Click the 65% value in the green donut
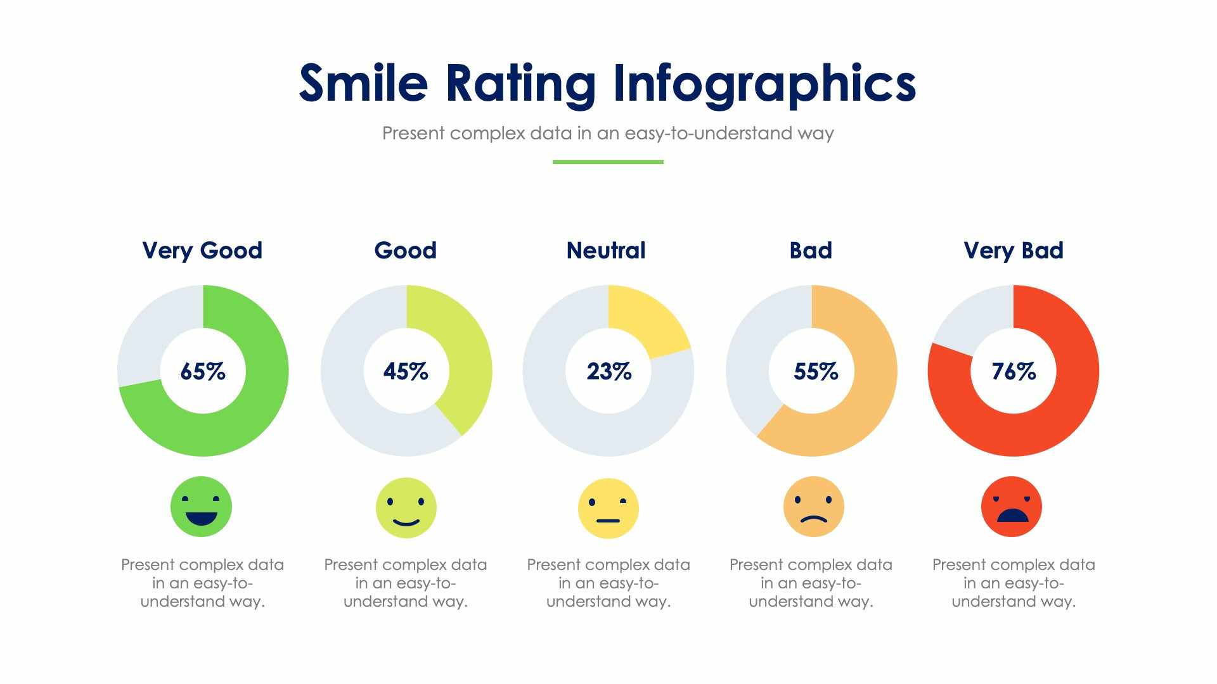coord(203,371)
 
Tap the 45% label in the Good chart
coord(406,371)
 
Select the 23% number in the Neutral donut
coord(608,371)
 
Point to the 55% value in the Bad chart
coord(815,371)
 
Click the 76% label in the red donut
coord(1014,371)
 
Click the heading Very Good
coord(202,250)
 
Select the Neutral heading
coord(606,250)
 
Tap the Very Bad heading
coord(1014,250)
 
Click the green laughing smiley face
coord(201,507)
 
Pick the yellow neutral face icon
coord(608,508)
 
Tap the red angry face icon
coord(1012,507)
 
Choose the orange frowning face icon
coord(813,507)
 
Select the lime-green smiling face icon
coord(406,508)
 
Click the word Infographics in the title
coord(764,84)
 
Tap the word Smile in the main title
coord(363,84)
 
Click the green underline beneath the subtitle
coord(608,162)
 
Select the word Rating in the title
coord(520,84)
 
